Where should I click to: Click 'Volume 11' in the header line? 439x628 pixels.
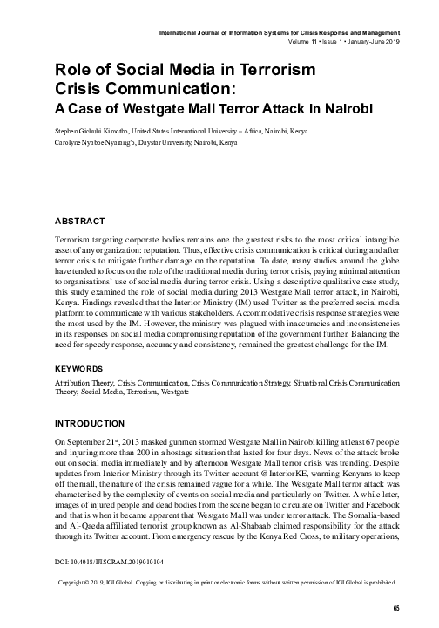point(302,42)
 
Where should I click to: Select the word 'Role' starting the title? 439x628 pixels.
point(71,72)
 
